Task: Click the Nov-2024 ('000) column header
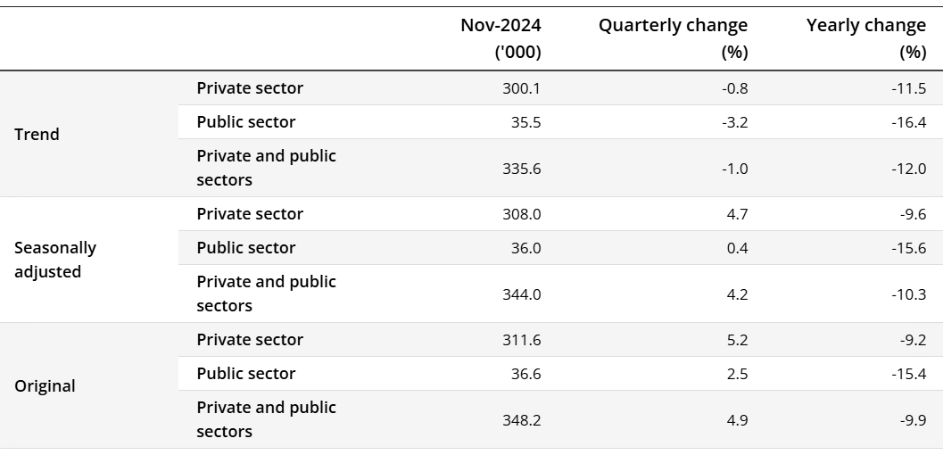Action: click(500, 38)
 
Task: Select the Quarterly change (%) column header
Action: click(673, 38)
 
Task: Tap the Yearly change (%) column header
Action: click(865, 38)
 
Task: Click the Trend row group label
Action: click(37, 135)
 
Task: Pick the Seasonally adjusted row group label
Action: click(55, 260)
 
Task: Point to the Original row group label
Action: click(45, 386)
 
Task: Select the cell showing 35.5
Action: click(526, 122)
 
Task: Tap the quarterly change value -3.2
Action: click(735, 122)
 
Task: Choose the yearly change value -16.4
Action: click(909, 122)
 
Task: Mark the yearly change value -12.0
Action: click(909, 168)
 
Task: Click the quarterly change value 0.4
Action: click(737, 248)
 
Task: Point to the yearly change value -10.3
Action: click(909, 294)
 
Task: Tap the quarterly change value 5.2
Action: click(737, 340)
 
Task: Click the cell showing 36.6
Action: click(526, 374)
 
